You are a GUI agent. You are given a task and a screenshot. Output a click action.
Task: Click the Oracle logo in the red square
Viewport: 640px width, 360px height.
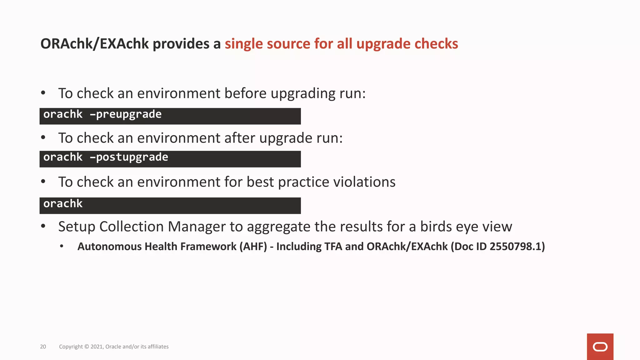[600, 347]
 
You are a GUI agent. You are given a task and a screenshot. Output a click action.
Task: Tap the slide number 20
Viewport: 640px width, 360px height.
[43, 347]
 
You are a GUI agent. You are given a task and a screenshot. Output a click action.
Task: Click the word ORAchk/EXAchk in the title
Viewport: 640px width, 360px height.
[94, 44]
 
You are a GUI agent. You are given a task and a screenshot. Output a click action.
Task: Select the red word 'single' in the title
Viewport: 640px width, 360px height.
[244, 44]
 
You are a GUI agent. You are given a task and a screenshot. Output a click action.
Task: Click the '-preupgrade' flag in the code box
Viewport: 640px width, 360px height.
[126, 115]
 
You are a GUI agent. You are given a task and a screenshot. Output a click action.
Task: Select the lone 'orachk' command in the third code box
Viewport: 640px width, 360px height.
[63, 204]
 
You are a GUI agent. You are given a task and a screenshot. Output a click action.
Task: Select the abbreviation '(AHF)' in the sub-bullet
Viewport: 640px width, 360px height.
[253, 247]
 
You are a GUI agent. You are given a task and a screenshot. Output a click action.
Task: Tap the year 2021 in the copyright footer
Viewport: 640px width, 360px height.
[97, 347]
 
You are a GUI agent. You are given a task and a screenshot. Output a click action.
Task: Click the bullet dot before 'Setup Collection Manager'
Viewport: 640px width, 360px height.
[43, 226]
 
